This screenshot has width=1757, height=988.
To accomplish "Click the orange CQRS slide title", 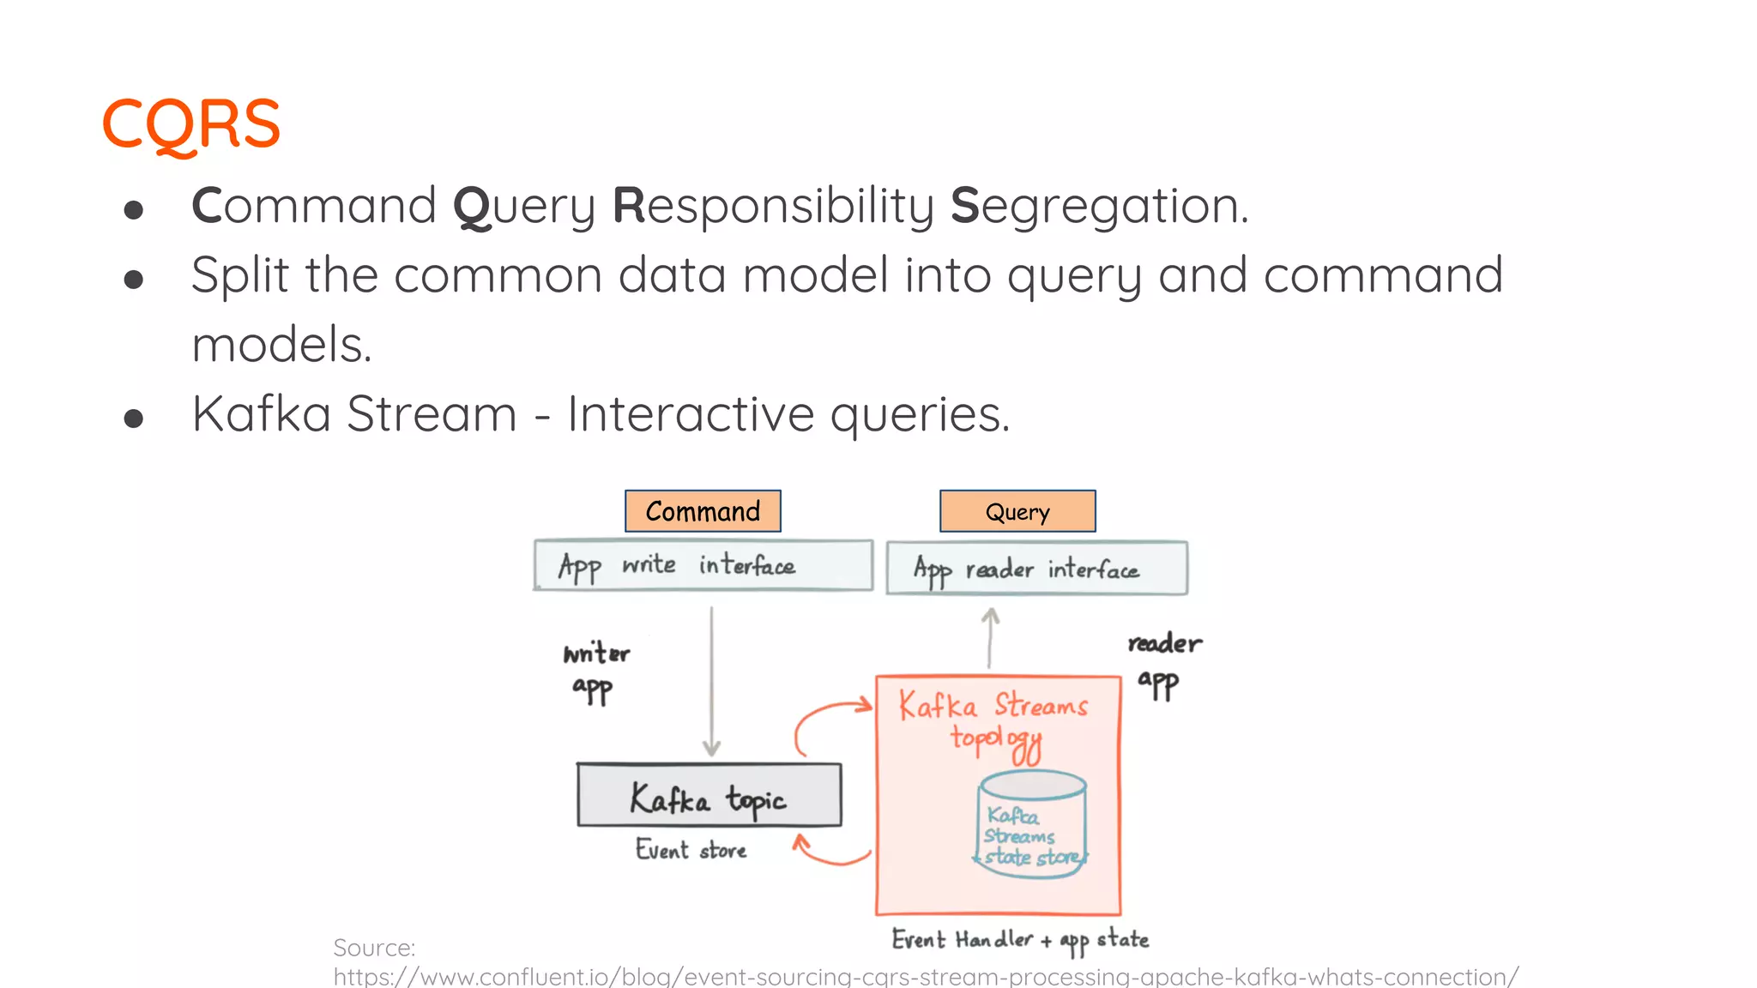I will pyautogui.click(x=190, y=124).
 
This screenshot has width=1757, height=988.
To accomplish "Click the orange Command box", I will pyautogui.click(x=703, y=511).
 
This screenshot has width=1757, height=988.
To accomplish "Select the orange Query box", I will pyautogui.click(x=1017, y=512).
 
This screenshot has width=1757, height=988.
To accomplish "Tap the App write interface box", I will pyautogui.click(x=703, y=565).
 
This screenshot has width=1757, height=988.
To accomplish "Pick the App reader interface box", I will pyautogui.click(x=1036, y=568).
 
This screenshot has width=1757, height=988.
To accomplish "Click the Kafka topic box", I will pyautogui.click(x=709, y=796).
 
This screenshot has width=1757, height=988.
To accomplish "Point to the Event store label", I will pyautogui.click(x=691, y=850).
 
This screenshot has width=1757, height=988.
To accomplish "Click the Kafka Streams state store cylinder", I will pyautogui.click(x=1032, y=824).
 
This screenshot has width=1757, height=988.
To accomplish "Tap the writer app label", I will pyautogui.click(x=595, y=671).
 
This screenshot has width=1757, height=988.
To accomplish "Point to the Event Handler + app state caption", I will pyautogui.click(x=1019, y=940).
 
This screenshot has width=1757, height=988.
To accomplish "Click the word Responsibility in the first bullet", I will pyautogui.click(x=774, y=207).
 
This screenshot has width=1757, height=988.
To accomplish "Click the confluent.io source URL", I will pyautogui.click(x=925, y=976).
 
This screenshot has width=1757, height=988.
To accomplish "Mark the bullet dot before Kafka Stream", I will pyautogui.click(x=133, y=418).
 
